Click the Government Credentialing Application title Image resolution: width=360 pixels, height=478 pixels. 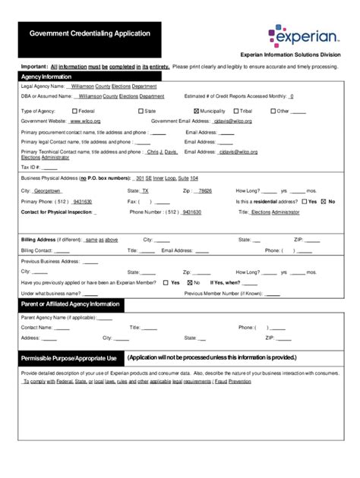90,34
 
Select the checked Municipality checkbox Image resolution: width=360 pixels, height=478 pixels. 197,111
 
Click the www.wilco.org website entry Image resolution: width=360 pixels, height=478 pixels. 87,121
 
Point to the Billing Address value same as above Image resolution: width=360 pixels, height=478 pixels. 102,239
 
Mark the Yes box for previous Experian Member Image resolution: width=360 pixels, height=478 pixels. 166,282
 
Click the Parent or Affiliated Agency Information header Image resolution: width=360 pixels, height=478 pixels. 71,304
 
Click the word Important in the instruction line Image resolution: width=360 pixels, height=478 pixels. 34,67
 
